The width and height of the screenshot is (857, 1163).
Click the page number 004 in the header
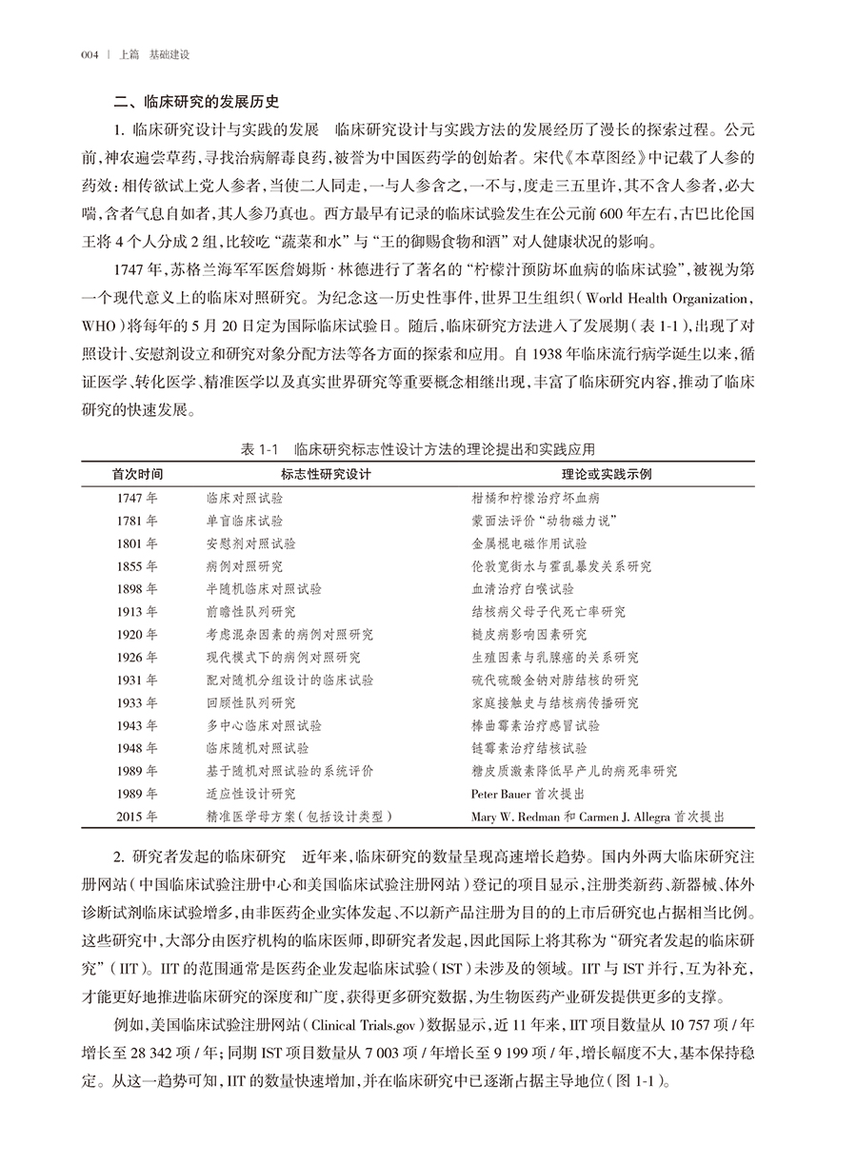[91, 55]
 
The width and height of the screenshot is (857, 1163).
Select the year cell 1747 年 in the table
[137, 498]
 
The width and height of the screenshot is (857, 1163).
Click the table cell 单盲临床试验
[244, 521]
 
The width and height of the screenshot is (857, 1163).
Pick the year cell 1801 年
[137, 543]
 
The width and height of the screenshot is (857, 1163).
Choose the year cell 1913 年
[137, 612]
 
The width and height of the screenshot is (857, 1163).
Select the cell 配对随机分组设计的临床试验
[289, 680]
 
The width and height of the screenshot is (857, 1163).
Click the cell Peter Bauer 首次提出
[528, 793]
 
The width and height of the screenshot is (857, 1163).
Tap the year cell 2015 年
[137, 816]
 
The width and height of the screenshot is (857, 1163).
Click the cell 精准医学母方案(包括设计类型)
[300, 816]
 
